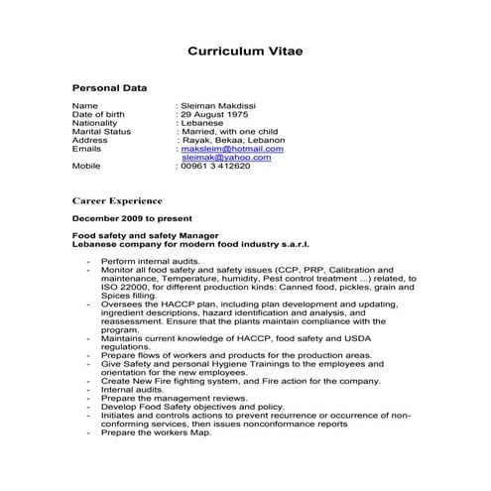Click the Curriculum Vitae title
(245, 51)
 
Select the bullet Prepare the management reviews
(171, 399)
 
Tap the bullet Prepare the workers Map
(156, 433)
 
